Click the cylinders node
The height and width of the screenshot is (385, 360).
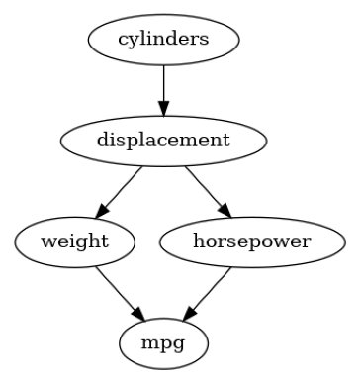pyautogui.click(x=164, y=41)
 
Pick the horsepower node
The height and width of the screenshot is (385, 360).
pyautogui.click(x=251, y=241)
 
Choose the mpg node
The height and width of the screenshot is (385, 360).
pyautogui.click(x=164, y=341)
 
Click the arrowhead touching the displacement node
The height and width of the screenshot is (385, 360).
pyautogui.click(x=164, y=108)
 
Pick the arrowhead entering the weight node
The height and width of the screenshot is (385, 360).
pyautogui.click(x=101, y=212)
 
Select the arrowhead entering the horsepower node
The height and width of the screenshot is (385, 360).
pyautogui.click(x=225, y=211)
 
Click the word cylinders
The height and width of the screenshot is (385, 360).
pyautogui.click(x=164, y=41)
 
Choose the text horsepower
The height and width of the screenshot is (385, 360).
pyautogui.click(x=251, y=241)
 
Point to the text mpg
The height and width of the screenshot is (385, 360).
pyautogui.click(x=164, y=342)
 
